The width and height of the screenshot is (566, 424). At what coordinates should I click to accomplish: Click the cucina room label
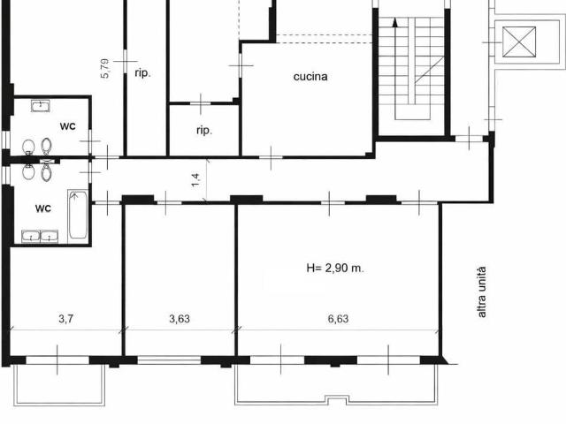[x=310, y=77]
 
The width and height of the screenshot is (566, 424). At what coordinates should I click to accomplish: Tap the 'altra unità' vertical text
[x=482, y=292]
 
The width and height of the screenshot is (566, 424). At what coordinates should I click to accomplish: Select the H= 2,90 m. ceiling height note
[x=335, y=269]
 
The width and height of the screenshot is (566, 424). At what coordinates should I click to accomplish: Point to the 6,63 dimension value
[x=338, y=319]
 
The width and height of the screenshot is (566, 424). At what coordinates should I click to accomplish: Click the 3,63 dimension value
[x=180, y=319]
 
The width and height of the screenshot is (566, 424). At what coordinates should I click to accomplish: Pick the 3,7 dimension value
[x=66, y=319]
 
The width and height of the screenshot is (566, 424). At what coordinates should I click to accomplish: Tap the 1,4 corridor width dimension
[x=195, y=180]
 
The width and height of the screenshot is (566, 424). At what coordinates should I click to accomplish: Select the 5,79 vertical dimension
[x=104, y=69]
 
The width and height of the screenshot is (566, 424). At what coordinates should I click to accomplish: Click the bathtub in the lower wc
[x=78, y=215]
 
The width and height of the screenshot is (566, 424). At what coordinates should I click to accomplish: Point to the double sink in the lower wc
[x=40, y=236]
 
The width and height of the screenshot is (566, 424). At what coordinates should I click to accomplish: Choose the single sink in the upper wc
[x=41, y=106]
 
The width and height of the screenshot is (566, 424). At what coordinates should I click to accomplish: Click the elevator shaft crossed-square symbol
[x=519, y=42]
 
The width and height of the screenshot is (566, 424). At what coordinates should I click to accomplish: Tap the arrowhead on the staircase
[x=395, y=22]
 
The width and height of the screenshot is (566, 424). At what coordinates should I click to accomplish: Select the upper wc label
[x=68, y=125]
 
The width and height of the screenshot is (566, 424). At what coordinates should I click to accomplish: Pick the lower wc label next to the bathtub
[x=43, y=208]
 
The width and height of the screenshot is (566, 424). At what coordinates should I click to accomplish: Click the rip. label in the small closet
[x=204, y=131]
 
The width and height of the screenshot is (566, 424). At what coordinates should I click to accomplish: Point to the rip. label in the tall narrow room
[x=142, y=73]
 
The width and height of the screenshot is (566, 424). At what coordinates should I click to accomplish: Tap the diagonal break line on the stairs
[x=429, y=70]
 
